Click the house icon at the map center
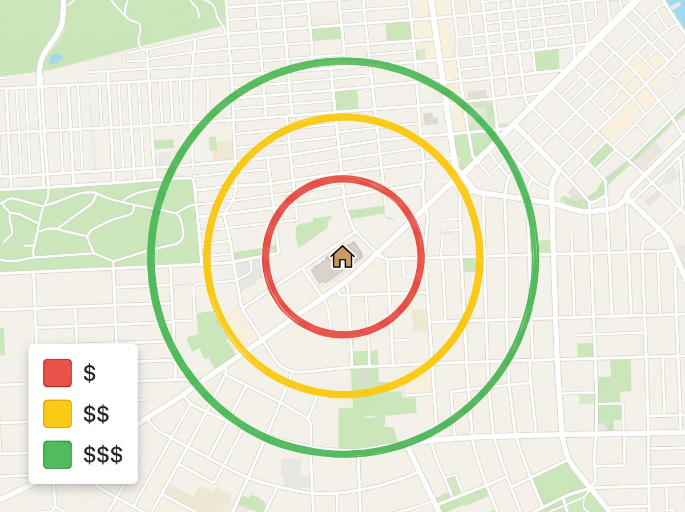(342, 257)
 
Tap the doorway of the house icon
(342, 263)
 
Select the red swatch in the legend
(58, 373)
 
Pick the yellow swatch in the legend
(58, 414)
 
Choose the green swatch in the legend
(58, 455)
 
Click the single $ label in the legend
(90, 373)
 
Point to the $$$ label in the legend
(103, 455)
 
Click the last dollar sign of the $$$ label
(116, 455)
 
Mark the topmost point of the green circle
(343, 60)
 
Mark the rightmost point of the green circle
(536, 257)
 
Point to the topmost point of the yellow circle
(343, 117)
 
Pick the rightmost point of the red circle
(422, 256)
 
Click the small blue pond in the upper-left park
(55, 58)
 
